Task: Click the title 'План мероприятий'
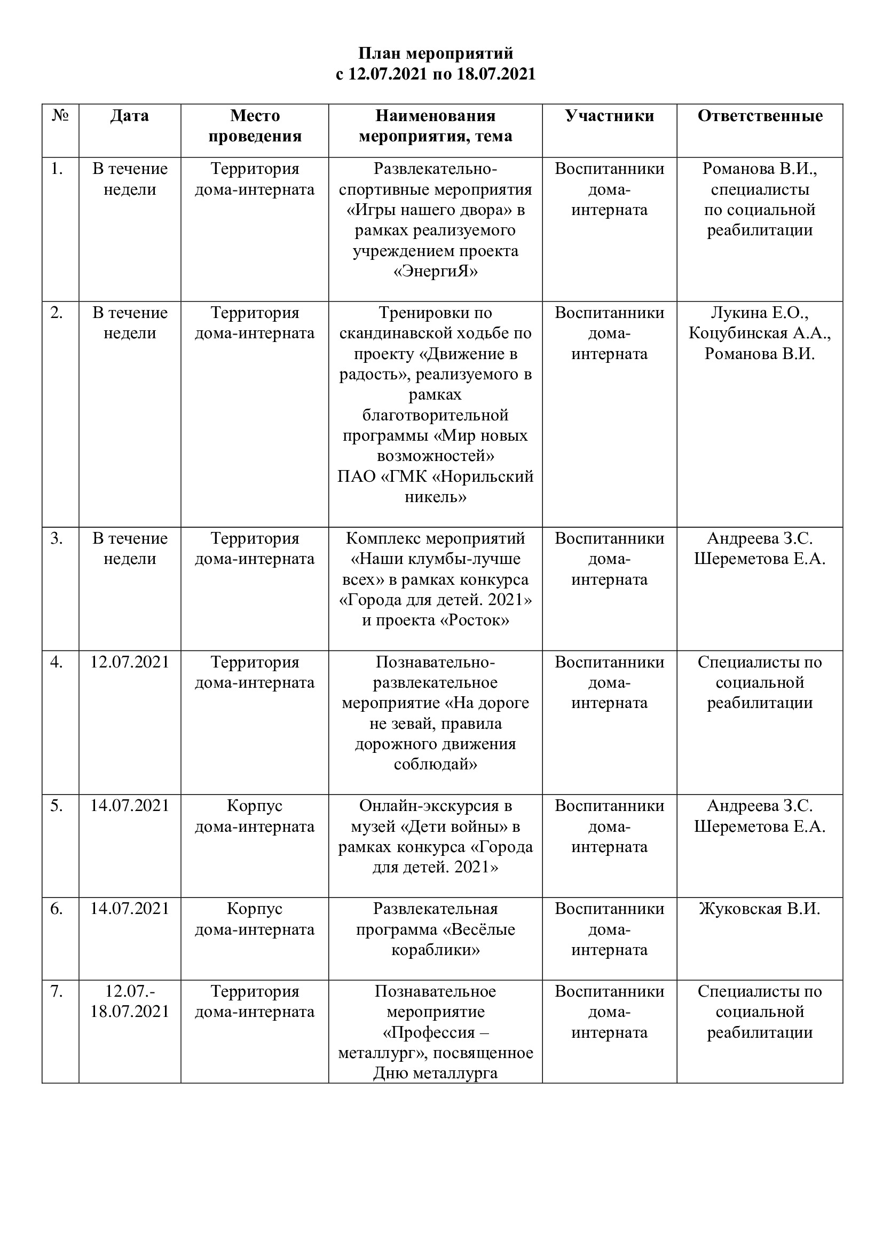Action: coord(436,53)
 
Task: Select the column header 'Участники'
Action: coord(609,116)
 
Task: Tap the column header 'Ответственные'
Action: coord(760,116)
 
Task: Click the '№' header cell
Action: coord(60,116)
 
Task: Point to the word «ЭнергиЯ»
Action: coord(436,271)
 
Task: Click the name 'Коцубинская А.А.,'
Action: coord(760,333)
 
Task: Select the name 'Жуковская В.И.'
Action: coord(760,909)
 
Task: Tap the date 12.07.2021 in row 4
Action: coord(130,662)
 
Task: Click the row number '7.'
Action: coord(57,991)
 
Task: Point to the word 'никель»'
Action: coord(436,497)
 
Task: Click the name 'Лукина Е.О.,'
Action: coord(760,313)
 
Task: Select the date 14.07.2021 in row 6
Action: coord(130,909)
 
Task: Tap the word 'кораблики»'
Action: coord(436,950)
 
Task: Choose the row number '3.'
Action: coord(57,539)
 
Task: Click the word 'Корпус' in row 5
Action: coord(255,806)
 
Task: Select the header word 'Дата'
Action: coord(129,116)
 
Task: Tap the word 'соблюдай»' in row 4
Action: coord(436,764)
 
